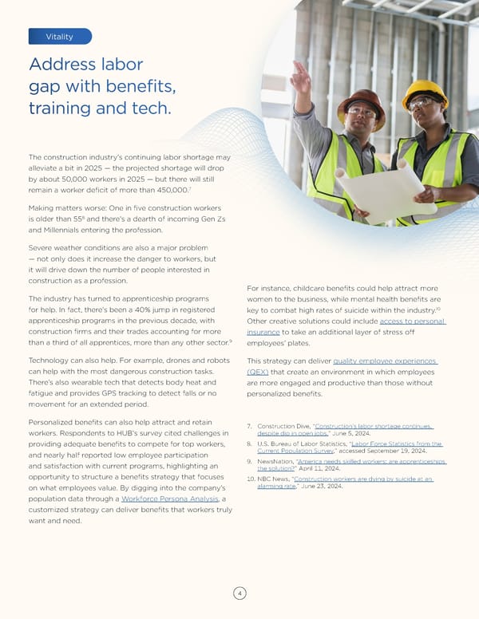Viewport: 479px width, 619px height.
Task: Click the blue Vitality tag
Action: coord(60,37)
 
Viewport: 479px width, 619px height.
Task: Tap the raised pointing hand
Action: coord(301,76)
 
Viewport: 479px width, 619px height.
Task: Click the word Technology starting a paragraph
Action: coord(56,361)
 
